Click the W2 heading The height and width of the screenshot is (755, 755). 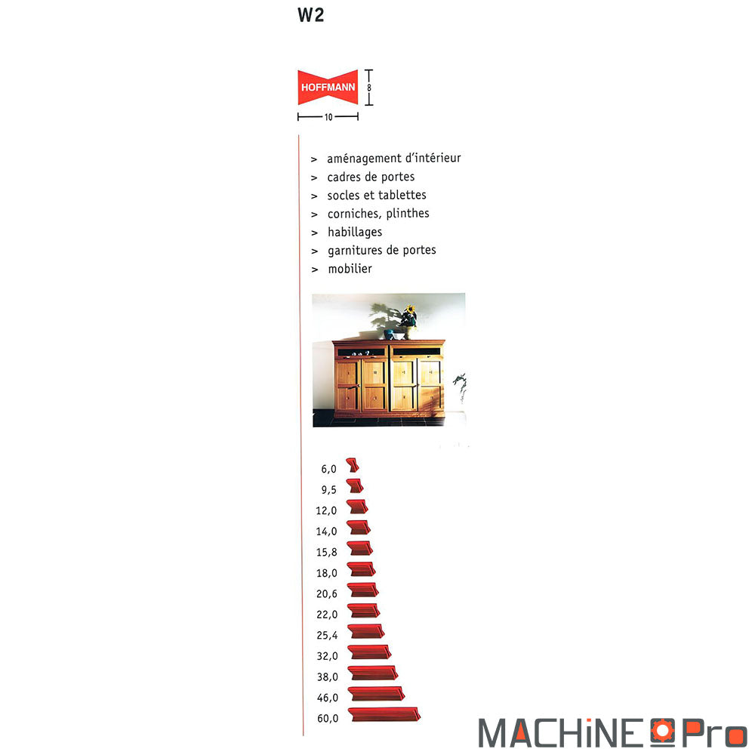click(310, 15)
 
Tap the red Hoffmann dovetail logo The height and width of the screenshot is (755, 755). click(328, 87)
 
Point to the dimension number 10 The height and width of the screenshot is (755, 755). click(328, 117)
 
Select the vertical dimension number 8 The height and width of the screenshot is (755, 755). click(369, 88)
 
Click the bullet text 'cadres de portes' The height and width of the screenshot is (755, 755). click(371, 177)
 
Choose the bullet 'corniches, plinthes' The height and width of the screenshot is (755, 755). click(378, 214)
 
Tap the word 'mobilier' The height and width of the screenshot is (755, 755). click(350, 269)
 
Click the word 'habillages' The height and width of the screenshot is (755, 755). click(355, 232)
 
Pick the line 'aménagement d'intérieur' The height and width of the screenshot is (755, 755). click(394, 159)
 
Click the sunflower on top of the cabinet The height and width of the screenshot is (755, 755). click(410, 310)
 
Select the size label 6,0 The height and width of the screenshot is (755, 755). click(328, 469)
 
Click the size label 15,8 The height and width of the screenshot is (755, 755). click(326, 553)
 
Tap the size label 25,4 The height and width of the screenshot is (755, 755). click(327, 636)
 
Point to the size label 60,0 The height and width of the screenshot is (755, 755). click(328, 719)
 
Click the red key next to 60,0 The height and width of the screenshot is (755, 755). click(384, 714)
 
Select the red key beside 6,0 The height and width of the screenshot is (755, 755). click(353, 464)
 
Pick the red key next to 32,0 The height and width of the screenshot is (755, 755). click(369, 652)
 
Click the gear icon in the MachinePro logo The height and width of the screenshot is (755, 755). click(663, 730)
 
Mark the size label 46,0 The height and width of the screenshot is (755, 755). click(328, 698)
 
